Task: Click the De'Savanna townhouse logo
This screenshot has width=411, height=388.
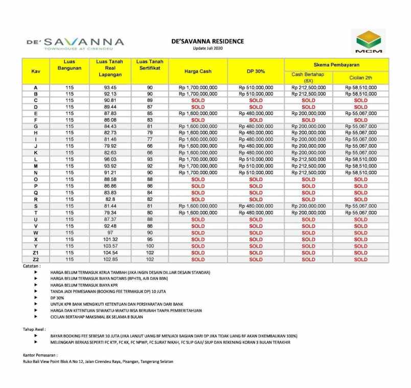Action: pos(75,43)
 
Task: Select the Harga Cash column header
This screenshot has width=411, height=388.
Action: pos(198,72)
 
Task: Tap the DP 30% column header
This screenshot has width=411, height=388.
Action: pos(256,72)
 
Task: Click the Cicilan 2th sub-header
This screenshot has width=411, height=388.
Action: pos(360,78)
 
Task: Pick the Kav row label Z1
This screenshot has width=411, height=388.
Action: pos(35,253)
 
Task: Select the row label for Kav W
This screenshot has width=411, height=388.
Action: pos(35,233)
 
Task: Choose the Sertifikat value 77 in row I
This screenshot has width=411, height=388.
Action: pos(150,140)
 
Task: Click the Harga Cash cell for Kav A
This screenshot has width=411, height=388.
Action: pos(198,87)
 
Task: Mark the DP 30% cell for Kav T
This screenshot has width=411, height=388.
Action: pos(256,213)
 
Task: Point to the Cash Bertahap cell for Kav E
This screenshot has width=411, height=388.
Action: pos(308,113)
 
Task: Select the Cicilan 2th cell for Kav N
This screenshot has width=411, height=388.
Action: pos(360,173)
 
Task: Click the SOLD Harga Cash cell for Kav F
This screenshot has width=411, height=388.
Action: pos(198,120)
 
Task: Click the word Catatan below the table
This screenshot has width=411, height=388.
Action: pos(32,266)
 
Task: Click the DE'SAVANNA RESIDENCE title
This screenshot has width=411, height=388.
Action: pos(208,41)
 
